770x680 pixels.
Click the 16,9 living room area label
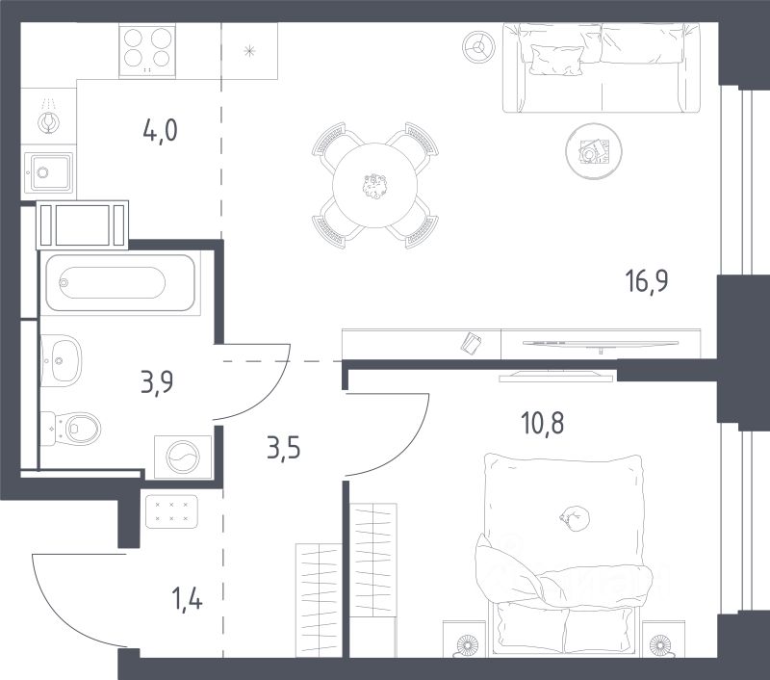point(646,282)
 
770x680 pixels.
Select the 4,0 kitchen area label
point(159,130)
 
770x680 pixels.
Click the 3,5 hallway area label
point(281,449)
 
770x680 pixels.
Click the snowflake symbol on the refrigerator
point(249,50)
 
